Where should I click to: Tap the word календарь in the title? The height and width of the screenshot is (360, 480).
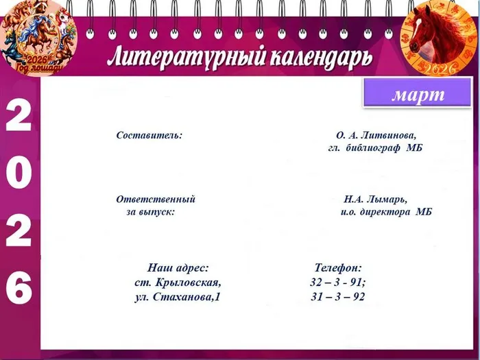315,56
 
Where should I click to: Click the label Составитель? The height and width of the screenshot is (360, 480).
149,135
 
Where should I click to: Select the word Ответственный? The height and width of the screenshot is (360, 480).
156,200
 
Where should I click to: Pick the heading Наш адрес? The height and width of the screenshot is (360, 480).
178,267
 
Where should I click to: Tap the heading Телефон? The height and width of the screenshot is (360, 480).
337,267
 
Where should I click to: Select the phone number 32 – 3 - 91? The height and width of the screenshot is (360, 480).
337,282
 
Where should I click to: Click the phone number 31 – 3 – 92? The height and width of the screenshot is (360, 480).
337,297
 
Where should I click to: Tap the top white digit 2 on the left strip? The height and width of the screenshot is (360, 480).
19,117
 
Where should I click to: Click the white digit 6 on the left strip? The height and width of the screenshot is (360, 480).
19,288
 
